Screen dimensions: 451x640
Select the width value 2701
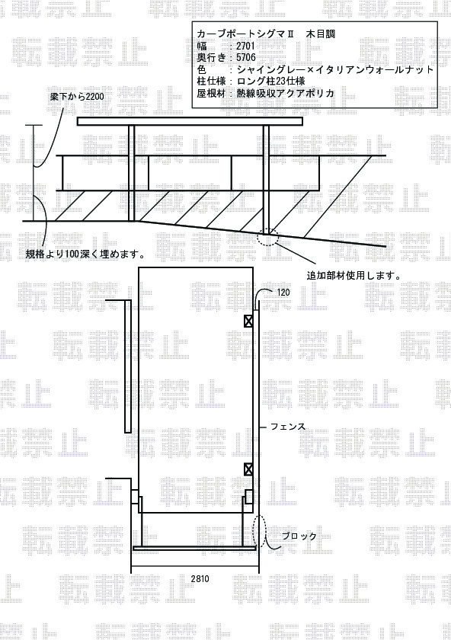point(245,46)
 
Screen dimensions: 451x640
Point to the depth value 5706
point(246,58)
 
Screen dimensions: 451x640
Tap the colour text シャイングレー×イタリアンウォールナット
point(335,69)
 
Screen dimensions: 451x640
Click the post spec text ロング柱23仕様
point(271,81)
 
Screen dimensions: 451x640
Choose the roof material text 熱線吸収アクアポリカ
point(285,93)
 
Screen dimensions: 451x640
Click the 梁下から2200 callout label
point(77,97)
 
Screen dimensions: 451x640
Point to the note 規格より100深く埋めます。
point(86,254)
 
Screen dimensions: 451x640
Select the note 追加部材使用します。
point(353,276)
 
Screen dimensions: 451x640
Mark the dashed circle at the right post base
point(268,237)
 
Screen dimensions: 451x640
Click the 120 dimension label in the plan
point(283,293)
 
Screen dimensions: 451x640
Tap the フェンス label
point(288,427)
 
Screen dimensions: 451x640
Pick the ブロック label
point(299,536)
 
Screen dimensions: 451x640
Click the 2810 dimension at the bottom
point(200,578)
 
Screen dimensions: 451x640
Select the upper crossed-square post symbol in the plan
point(248,322)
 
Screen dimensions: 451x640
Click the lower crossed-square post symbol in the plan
point(248,469)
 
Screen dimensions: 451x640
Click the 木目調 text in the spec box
point(321,34)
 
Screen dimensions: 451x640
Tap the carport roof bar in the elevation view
point(190,121)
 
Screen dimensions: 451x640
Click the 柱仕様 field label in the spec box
point(211,81)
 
